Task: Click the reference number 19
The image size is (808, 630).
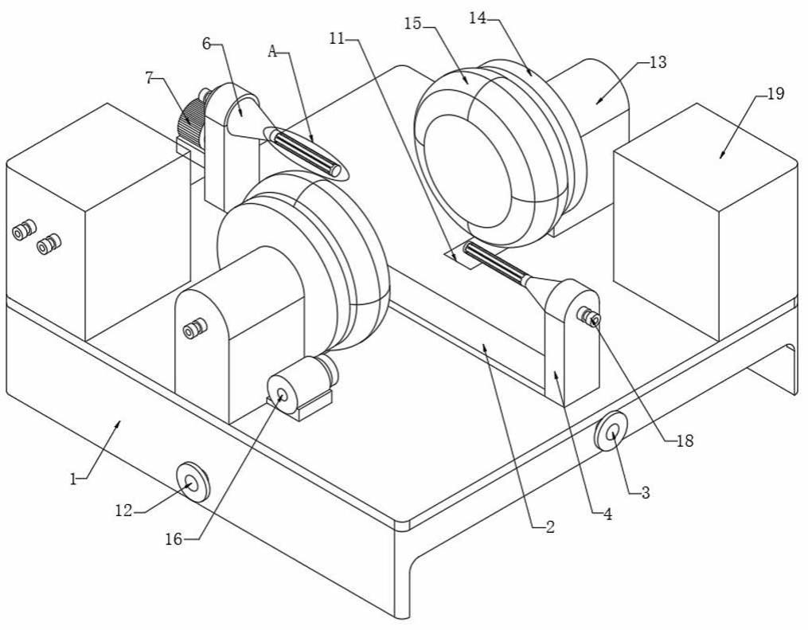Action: point(775,94)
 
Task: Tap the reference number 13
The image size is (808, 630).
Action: point(658,62)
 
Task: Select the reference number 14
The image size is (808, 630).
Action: point(478,18)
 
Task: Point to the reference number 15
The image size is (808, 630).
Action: point(413,24)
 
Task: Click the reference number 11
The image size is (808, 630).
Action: point(337,39)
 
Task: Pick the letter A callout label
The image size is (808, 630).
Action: point(272,52)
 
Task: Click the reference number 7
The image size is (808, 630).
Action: point(150,78)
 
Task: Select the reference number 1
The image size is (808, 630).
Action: point(73,479)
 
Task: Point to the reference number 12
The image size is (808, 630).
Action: point(123,511)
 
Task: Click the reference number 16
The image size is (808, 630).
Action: point(174,539)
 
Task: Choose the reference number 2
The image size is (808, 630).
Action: point(550,527)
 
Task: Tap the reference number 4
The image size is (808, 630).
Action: point(608,514)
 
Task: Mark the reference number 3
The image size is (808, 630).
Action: point(645,493)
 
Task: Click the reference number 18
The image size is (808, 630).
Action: point(685,440)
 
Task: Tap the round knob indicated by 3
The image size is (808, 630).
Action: point(611,432)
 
